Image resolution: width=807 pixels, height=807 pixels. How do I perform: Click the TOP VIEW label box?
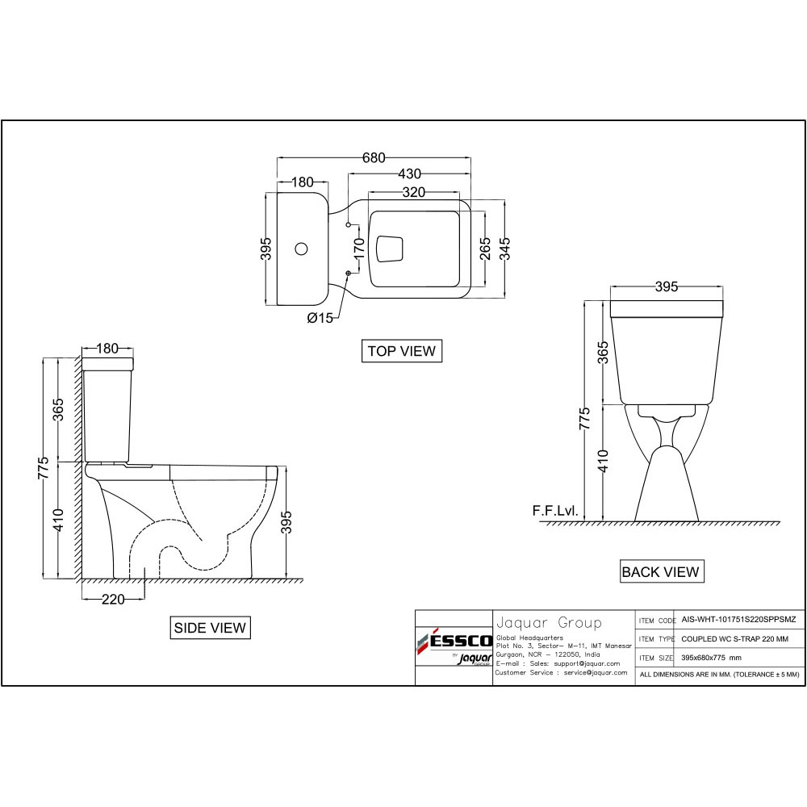pos(401,351)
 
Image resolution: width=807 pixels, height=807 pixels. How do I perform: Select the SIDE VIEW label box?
pos(210,627)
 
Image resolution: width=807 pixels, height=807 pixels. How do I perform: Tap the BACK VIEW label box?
pos(662,571)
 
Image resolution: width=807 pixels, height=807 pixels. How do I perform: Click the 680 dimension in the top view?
pos(374,157)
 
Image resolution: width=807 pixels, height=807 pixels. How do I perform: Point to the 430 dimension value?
pos(409,174)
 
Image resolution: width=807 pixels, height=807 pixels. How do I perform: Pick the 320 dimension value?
pos(414,192)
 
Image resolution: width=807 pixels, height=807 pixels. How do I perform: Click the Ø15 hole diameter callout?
pos(320,318)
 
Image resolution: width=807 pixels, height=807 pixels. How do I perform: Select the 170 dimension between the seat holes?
pos(360,249)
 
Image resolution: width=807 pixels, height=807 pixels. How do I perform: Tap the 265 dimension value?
pos(485,249)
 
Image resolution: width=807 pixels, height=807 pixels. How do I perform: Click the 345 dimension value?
pos(505,249)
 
